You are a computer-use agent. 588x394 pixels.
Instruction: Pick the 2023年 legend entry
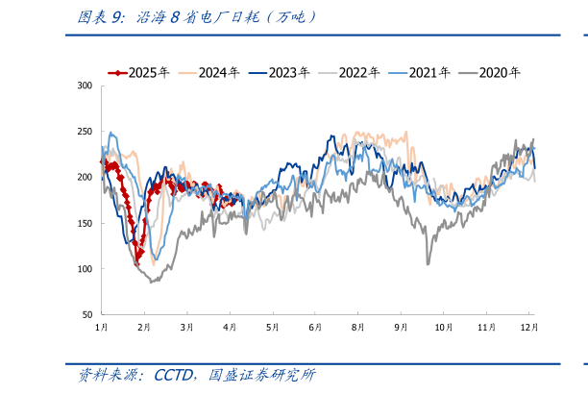(x=281, y=72)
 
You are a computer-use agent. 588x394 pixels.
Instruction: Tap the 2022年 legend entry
(x=351, y=72)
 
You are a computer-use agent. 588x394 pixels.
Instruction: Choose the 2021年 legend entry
(x=421, y=72)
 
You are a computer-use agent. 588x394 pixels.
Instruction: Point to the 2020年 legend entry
(x=491, y=72)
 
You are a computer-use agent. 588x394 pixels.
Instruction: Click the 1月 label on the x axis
(x=101, y=328)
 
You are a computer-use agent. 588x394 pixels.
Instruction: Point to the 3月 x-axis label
(x=186, y=328)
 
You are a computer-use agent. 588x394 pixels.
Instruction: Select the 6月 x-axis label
(x=315, y=328)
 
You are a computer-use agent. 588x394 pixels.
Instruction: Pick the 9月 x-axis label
(x=400, y=328)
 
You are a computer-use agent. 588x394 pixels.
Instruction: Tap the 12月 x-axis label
(x=529, y=328)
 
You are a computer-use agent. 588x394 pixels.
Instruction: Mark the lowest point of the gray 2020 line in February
(x=151, y=282)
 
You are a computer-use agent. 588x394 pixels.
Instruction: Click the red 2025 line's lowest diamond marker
(x=138, y=261)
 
